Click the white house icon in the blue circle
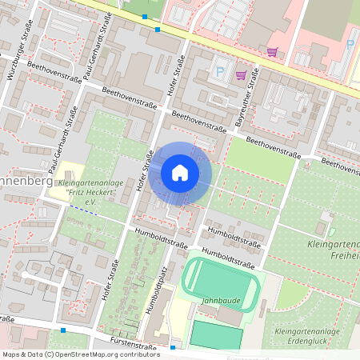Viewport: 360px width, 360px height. click(180, 172)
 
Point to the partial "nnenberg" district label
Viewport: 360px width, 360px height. click(25, 182)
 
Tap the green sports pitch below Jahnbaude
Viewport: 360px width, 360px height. click(216, 334)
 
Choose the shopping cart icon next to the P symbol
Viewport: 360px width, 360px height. click(242, 75)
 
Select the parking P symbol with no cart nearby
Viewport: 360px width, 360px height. click(350, 44)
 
